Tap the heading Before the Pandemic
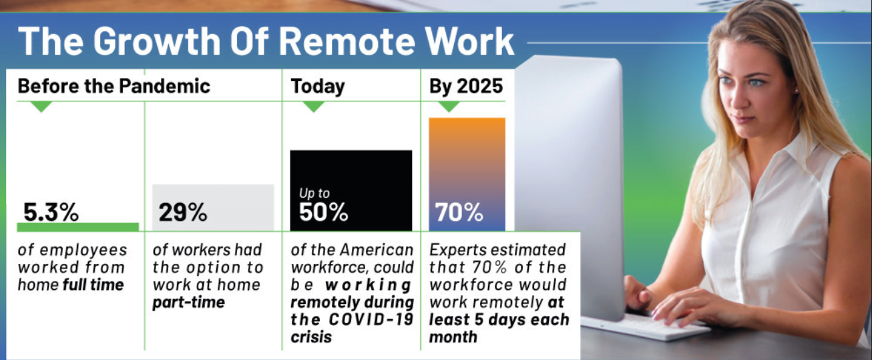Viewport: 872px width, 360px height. click(x=114, y=85)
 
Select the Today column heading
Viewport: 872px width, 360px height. click(x=318, y=87)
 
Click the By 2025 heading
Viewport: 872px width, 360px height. click(x=466, y=87)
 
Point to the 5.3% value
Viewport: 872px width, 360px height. click(x=51, y=212)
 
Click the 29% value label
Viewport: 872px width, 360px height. click(x=182, y=212)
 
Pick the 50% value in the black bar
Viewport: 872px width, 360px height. click(x=324, y=212)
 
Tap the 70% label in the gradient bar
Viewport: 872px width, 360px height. click(x=459, y=212)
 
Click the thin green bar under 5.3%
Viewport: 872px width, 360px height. click(x=78, y=227)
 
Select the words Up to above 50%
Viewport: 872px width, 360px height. click(x=314, y=193)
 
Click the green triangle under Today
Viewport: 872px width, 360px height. click(x=314, y=106)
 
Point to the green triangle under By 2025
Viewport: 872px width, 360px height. click(x=449, y=106)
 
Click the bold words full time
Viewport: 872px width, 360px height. click(x=93, y=285)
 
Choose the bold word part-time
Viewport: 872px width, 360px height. click(x=189, y=303)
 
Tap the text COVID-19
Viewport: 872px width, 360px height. click(x=371, y=319)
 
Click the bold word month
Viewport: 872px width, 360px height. click(x=453, y=337)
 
